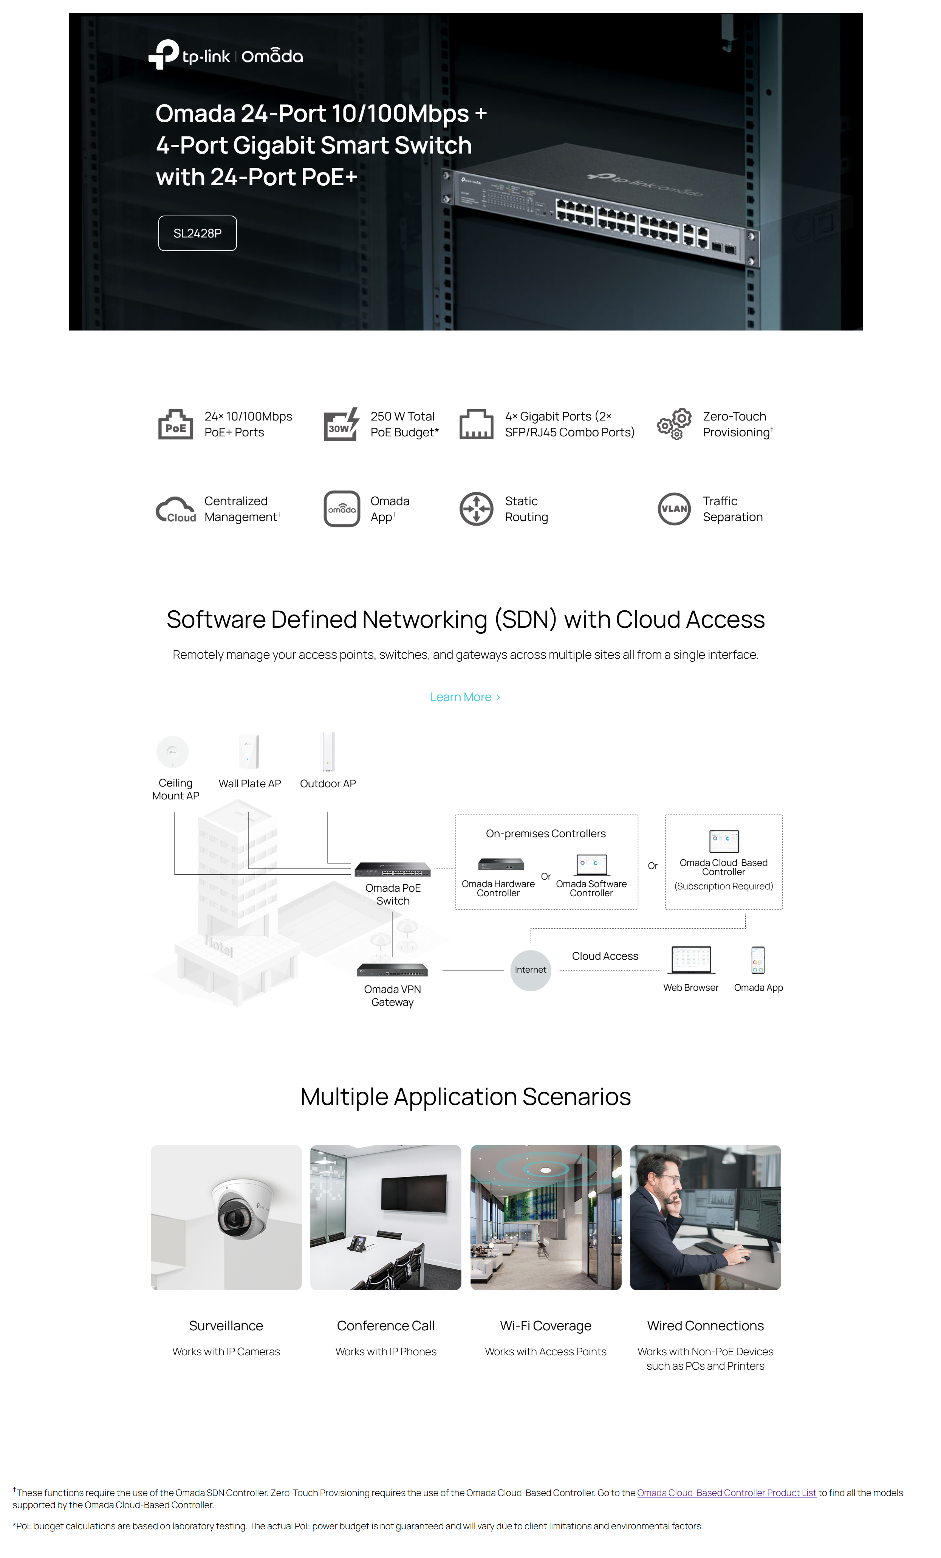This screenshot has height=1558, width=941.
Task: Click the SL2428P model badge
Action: click(197, 233)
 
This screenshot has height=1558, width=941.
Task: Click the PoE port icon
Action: click(175, 424)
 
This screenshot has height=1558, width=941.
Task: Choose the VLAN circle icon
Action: click(674, 509)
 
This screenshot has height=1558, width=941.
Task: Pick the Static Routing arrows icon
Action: click(476, 509)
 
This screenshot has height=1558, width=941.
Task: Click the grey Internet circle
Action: click(530, 970)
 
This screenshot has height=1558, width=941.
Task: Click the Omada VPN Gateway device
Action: click(392, 970)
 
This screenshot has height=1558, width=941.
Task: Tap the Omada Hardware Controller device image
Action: click(500, 864)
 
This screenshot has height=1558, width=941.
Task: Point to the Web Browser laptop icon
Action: click(691, 960)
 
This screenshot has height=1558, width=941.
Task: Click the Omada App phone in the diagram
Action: click(758, 960)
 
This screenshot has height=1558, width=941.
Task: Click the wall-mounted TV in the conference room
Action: click(413, 1193)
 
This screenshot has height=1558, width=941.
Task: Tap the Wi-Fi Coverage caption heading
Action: click(545, 1325)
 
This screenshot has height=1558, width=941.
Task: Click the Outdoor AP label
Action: click(327, 784)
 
